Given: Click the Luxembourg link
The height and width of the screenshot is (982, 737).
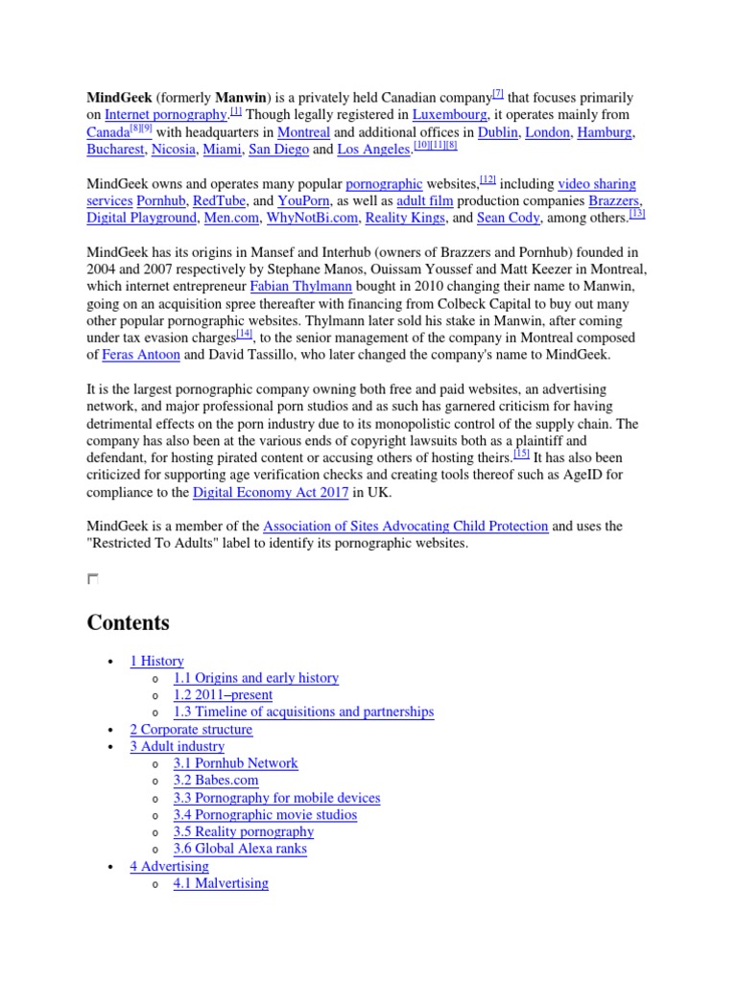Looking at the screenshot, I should click(449, 115).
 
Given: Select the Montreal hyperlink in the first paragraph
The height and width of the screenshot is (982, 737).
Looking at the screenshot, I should click(303, 132).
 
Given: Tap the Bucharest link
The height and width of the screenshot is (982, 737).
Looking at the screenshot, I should click(115, 150).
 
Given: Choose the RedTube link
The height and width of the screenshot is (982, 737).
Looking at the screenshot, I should click(218, 201).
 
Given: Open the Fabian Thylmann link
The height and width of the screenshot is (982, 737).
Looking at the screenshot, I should click(300, 287).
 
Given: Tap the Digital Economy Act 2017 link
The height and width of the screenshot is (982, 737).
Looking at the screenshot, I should click(270, 493).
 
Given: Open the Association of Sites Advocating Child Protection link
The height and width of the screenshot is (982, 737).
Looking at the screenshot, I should click(405, 526).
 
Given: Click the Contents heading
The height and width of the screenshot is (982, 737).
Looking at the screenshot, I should click(128, 622).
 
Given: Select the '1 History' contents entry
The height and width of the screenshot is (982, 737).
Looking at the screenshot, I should click(156, 661).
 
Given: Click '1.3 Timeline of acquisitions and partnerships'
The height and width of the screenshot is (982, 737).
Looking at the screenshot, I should click(303, 713).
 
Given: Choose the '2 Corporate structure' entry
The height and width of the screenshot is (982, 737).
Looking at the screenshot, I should click(191, 730).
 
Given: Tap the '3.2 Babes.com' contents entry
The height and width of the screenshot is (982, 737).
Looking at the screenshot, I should click(216, 781).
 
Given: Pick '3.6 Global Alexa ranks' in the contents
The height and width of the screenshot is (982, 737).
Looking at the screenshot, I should click(241, 849).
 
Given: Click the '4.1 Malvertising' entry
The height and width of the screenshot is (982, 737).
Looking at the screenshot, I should click(221, 883).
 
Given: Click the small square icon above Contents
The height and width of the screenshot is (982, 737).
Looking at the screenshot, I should click(92, 578).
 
